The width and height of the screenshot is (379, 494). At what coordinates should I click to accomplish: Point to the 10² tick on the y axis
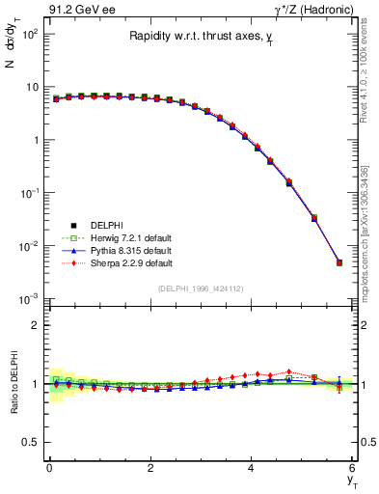30,34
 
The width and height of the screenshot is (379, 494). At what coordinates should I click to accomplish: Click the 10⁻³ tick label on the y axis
29,299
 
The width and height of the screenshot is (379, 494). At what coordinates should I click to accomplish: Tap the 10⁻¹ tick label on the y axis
29,193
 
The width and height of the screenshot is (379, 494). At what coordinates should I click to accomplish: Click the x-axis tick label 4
251,468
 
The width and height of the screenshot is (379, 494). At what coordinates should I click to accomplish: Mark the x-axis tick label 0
49,468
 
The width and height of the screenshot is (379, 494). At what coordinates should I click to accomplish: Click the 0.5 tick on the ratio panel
30,442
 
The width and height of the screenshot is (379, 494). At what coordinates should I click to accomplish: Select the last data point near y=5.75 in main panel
338,262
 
